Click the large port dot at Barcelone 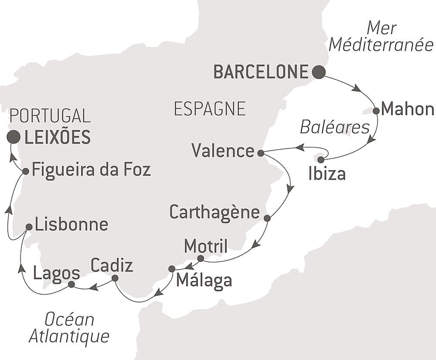tap(319, 72)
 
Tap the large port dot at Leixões tap(14, 137)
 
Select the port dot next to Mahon tap(376, 111)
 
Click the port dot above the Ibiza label tap(321, 160)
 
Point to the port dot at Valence tap(260, 153)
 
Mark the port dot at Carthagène tap(267, 218)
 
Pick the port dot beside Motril tap(201, 259)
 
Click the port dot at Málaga tap(172, 269)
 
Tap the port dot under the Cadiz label tap(115, 278)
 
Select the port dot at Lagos tap(72, 285)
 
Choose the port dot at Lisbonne tap(29, 227)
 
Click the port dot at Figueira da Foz tap(25, 171)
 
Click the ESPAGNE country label tap(209, 109)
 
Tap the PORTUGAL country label tap(50, 116)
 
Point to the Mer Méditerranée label tap(381, 37)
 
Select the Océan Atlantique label tap(69, 328)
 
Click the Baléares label tap(334, 127)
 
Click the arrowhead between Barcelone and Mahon tap(356, 88)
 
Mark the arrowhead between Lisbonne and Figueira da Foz tap(9, 210)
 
